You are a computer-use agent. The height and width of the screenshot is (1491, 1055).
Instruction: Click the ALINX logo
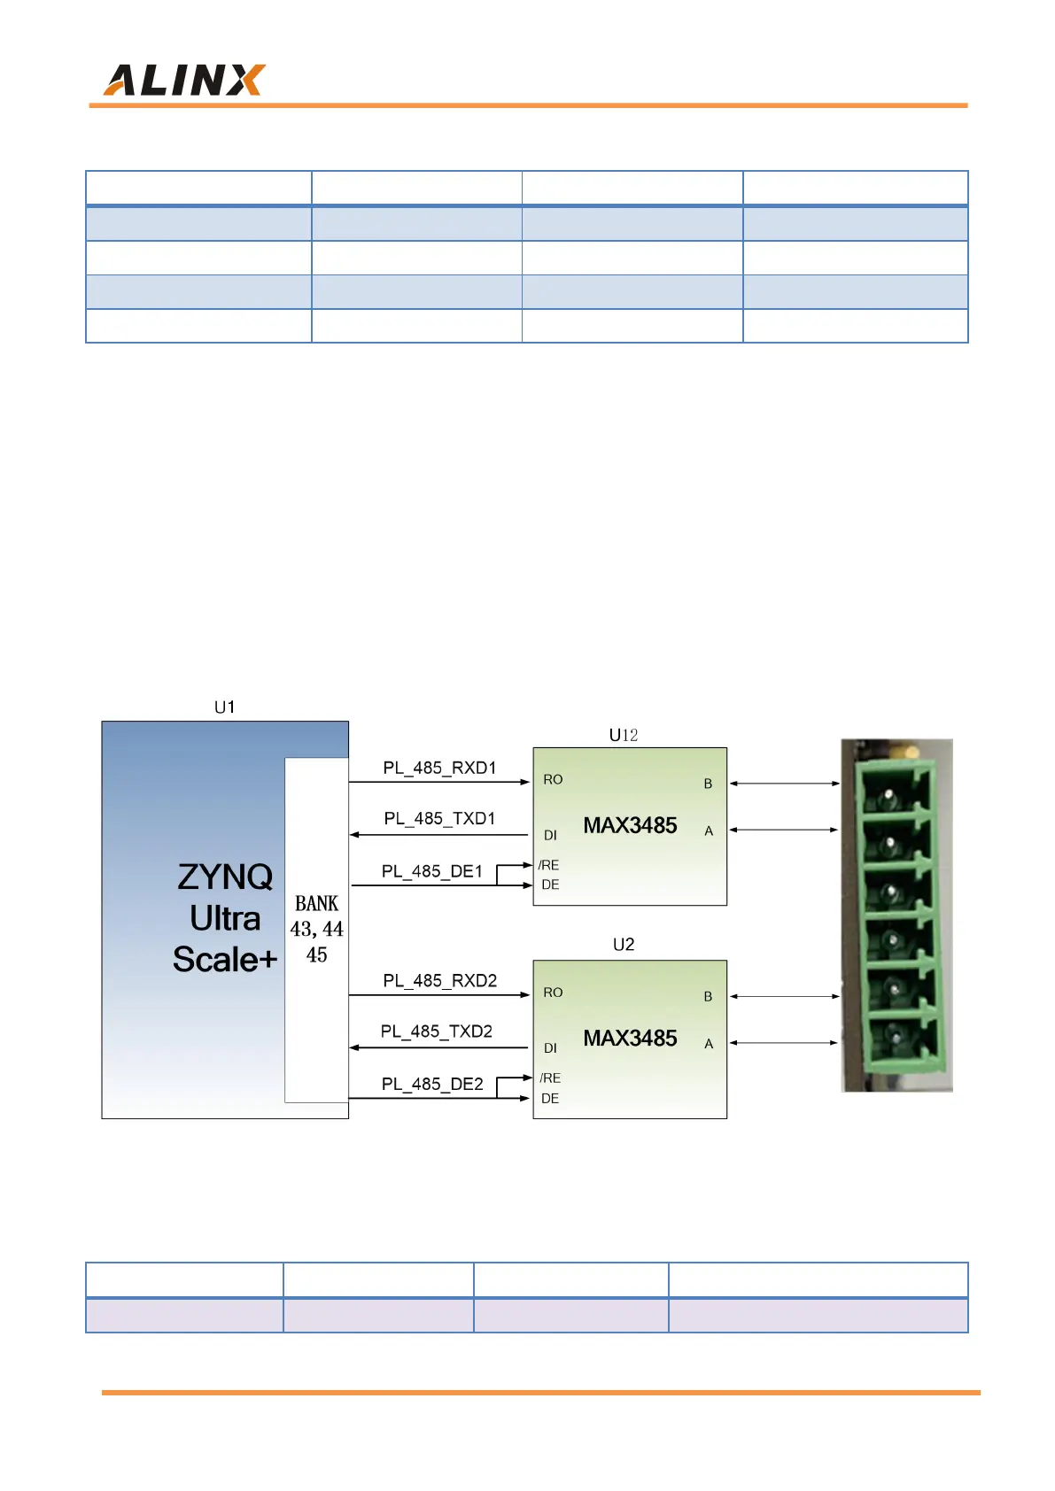(184, 80)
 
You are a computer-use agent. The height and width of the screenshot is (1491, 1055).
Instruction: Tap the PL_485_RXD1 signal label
(439, 768)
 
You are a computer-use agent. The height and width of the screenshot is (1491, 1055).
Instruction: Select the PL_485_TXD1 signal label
(439, 819)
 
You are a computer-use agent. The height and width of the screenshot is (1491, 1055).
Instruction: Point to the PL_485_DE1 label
(432, 872)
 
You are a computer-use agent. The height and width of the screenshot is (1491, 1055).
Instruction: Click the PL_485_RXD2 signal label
(439, 981)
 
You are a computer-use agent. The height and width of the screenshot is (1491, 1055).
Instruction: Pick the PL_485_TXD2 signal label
(436, 1031)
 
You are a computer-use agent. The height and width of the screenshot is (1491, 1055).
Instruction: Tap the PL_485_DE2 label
(432, 1085)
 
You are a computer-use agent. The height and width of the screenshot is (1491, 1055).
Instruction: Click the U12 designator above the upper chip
(624, 735)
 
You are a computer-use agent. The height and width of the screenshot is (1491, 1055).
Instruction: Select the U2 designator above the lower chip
(624, 945)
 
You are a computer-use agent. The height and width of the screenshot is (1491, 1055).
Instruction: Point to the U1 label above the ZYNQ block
(225, 707)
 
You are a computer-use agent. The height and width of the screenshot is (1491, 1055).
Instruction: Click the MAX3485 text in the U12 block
(630, 826)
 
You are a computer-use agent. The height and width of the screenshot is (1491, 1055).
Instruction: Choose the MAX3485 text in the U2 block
(630, 1039)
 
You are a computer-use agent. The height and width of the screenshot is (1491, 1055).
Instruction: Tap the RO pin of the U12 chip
(553, 780)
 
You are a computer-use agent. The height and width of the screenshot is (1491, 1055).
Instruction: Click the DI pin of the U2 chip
(550, 1048)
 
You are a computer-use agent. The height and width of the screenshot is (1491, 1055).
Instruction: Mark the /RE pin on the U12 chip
(548, 865)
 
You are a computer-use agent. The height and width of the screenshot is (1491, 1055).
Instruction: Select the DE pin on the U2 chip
(550, 1099)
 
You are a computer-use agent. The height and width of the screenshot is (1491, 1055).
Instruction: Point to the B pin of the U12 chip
(708, 784)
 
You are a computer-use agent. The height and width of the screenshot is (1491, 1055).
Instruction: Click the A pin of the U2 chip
(709, 1044)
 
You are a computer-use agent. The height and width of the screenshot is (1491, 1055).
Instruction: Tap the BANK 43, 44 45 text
(316, 929)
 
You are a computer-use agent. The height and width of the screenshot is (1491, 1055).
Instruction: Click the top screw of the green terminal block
(888, 799)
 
